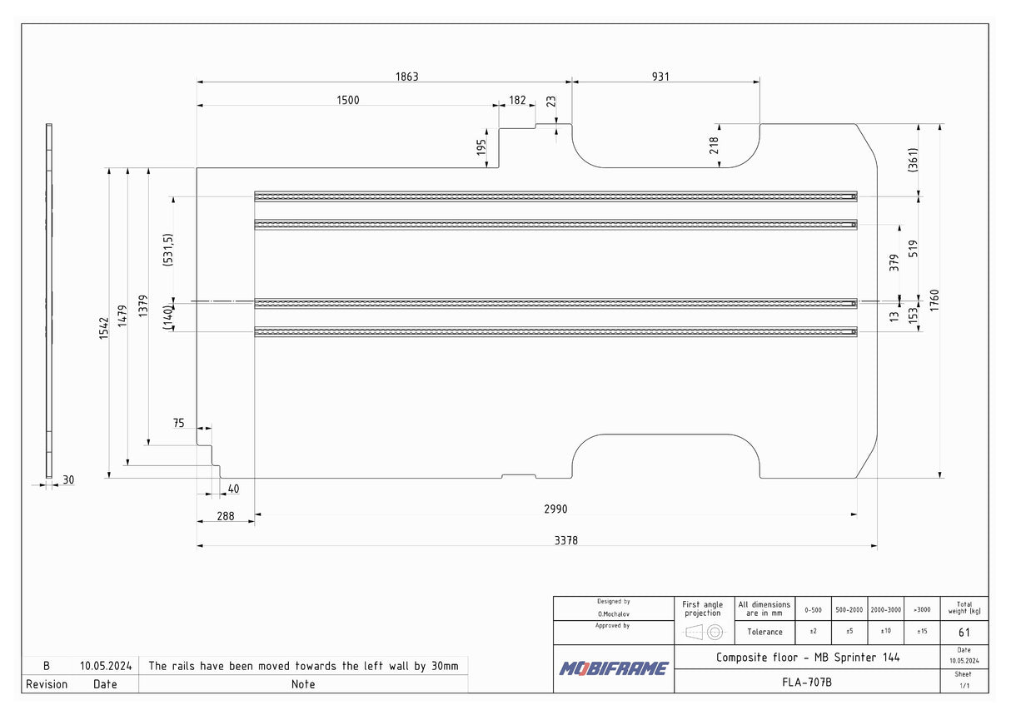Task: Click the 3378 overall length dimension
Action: pyautogui.click(x=565, y=540)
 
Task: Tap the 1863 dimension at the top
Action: pyautogui.click(x=406, y=77)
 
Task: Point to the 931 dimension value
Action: pyautogui.click(x=660, y=77)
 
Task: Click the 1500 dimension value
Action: pyautogui.click(x=347, y=100)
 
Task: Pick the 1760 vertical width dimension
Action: pyautogui.click(x=934, y=300)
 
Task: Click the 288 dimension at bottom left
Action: pyautogui.click(x=225, y=516)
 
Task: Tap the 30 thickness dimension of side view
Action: pyautogui.click(x=68, y=479)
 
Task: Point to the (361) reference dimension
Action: pyautogui.click(x=913, y=159)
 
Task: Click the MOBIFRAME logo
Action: pyautogui.click(x=613, y=668)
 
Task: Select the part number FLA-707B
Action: pyautogui.click(x=806, y=682)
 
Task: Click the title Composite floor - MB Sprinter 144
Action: pyautogui.click(x=807, y=657)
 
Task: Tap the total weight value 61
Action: pyautogui.click(x=964, y=632)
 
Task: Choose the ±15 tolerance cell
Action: pyautogui.click(x=922, y=632)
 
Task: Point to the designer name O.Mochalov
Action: pyautogui.click(x=613, y=613)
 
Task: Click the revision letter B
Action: pyautogui.click(x=47, y=666)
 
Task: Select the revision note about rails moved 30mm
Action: pyautogui.click(x=303, y=666)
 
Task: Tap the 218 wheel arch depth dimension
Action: pyautogui.click(x=714, y=146)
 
